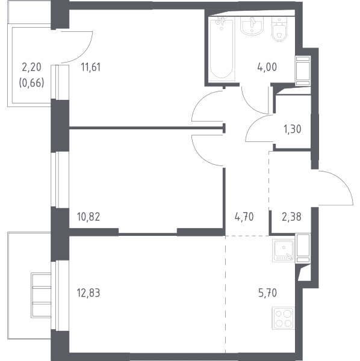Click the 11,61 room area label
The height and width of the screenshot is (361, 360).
[91, 67]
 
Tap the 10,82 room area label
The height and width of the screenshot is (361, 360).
[88, 217]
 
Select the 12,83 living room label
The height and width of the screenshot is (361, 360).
[88, 293]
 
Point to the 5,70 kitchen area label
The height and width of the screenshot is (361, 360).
[267, 293]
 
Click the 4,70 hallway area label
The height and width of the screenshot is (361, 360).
[244, 217]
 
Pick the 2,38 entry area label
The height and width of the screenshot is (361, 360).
[291, 217]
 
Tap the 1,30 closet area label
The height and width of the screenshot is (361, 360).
[293, 129]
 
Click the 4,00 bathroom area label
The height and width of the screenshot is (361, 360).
[267, 67]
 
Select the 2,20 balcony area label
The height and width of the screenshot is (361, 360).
[31, 67]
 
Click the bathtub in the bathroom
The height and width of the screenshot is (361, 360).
[222, 49]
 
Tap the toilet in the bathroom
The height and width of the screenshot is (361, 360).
[279, 29]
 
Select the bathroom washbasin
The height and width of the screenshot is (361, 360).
[252, 26]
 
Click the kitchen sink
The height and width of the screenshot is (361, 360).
[284, 250]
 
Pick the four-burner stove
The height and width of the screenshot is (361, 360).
[284, 318]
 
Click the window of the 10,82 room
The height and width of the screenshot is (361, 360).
[60, 179]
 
